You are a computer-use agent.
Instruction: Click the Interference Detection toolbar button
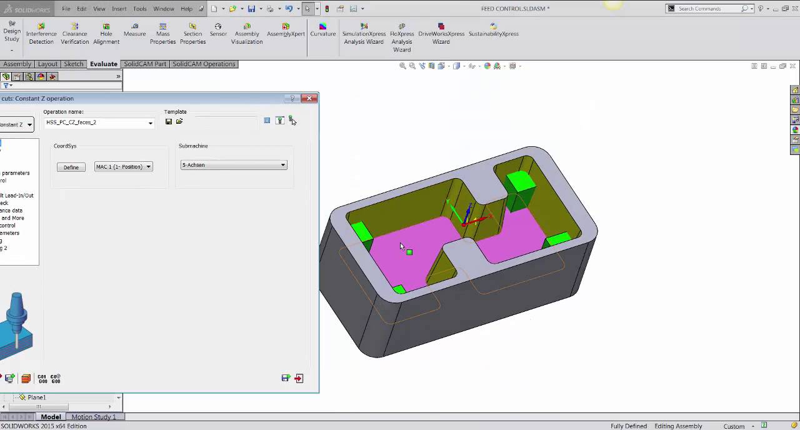point(41,34)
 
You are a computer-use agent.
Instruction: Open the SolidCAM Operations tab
point(204,64)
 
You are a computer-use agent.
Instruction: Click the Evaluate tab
point(103,64)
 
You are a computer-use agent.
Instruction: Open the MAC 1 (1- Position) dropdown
point(123,167)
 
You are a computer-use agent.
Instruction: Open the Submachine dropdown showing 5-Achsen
point(233,165)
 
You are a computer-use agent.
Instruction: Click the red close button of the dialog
point(309,98)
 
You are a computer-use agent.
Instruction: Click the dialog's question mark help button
point(292,98)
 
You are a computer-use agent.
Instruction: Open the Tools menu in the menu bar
point(139,9)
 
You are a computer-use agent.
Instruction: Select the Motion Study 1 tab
point(93,417)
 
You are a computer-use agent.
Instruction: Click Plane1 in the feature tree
point(36,397)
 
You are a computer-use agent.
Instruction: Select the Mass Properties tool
point(162,34)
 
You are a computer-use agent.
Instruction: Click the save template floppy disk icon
point(169,121)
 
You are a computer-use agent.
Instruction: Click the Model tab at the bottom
point(51,417)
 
